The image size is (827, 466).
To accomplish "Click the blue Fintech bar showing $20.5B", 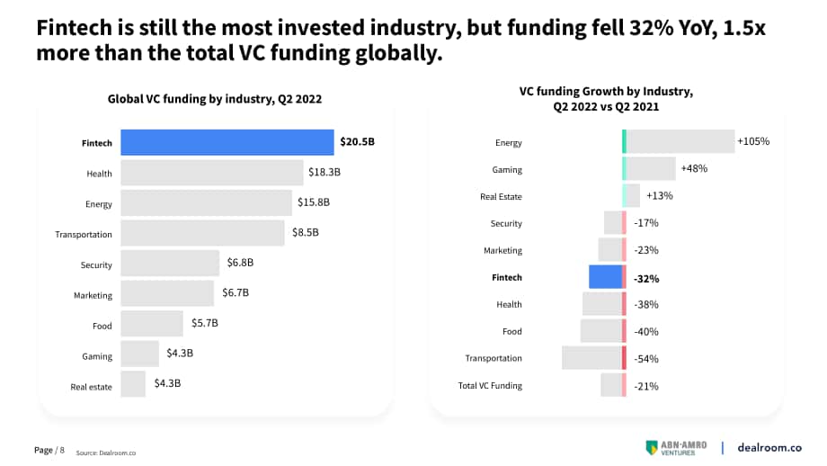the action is click(x=227, y=142).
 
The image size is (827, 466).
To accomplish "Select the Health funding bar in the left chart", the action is click(x=212, y=173).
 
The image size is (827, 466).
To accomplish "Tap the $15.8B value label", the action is click(x=314, y=202).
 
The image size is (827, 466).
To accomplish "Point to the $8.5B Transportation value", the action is click(x=306, y=232).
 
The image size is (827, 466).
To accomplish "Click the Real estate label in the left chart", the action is click(x=92, y=387).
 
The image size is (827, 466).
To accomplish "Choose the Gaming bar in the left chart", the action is click(x=139, y=354).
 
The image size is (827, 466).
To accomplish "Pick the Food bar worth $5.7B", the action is click(x=152, y=324).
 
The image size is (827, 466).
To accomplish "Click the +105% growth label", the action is click(x=753, y=141).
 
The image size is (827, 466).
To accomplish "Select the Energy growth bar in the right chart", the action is click(x=679, y=141).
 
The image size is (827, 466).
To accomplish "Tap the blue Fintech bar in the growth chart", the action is click(x=607, y=277).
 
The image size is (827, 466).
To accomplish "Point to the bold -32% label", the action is click(x=646, y=279).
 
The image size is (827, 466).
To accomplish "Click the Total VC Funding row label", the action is click(x=490, y=386).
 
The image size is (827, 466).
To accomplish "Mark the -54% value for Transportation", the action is click(x=646, y=359).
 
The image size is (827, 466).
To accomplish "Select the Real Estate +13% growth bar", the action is click(x=631, y=196).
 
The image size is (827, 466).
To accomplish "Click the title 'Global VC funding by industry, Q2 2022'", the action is click(x=215, y=99).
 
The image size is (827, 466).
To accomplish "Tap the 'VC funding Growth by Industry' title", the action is click(x=606, y=91).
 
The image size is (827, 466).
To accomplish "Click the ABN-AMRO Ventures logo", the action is click(x=676, y=448).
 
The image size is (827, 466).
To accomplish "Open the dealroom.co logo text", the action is click(x=769, y=447).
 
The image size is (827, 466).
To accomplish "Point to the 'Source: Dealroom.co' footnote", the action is click(x=105, y=453).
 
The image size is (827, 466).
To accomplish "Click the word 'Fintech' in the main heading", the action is click(x=75, y=28).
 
